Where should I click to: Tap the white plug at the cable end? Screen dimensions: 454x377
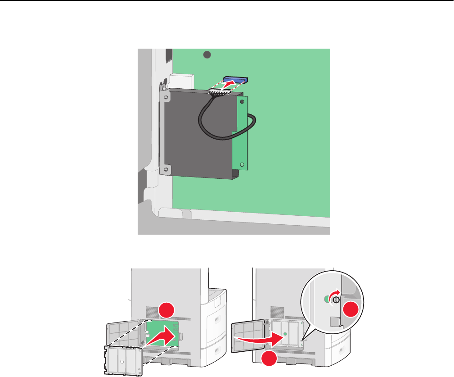click(219, 92)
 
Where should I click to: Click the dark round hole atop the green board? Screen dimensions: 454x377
click(207, 55)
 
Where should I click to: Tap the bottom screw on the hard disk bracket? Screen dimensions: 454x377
click(166, 169)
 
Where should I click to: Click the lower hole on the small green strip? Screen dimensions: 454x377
click(242, 165)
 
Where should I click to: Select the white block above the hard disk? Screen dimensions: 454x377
click(182, 81)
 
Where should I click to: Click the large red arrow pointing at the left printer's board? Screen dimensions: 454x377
click(162, 336)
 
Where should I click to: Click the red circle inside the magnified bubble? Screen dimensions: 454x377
click(350, 310)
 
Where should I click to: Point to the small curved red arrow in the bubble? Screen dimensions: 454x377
click(333, 295)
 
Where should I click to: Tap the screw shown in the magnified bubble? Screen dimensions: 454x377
click(336, 300)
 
